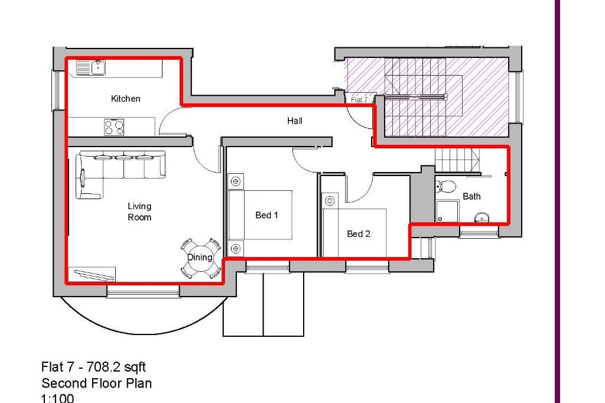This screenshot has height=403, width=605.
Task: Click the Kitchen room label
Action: click(x=125, y=99)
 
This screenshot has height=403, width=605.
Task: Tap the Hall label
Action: click(x=295, y=121)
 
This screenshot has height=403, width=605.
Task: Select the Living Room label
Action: click(x=139, y=212)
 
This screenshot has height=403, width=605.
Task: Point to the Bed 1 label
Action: click(x=266, y=215)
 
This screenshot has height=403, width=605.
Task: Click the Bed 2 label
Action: click(x=358, y=234)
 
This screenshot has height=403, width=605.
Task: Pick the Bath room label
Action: click(x=471, y=196)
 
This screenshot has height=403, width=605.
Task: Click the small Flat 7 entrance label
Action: click(x=359, y=100)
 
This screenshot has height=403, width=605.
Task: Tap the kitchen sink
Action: click(x=91, y=68)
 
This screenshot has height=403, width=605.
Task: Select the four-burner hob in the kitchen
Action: click(x=114, y=126)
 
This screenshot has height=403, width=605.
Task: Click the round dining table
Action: click(x=200, y=258)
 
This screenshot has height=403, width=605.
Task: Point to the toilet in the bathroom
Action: click(x=446, y=187)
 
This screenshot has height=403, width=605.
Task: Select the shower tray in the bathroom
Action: click(x=447, y=211)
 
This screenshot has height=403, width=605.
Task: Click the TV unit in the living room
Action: click(x=92, y=275)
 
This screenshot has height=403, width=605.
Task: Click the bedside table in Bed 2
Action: click(x=329, y=200)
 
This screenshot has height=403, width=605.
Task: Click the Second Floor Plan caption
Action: click(x=96, y=383)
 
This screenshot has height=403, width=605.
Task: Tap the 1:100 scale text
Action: click(x=57, y=398)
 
